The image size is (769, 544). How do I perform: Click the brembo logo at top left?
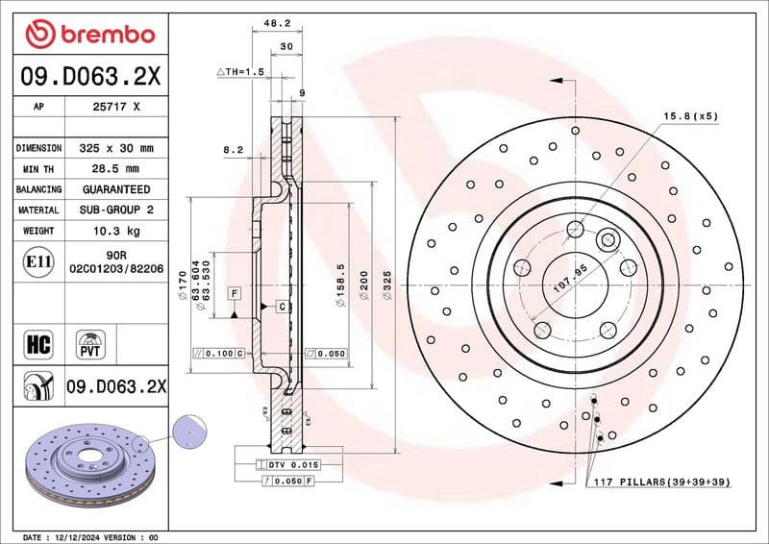click(89, 35)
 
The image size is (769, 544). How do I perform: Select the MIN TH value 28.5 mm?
click(114, 169)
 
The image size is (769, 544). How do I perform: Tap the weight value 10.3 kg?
click(114, 232)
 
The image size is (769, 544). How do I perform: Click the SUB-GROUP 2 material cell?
click(114, 210)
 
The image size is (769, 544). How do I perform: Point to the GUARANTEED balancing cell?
click(114, 189)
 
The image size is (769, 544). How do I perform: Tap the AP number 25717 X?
click(114, 108)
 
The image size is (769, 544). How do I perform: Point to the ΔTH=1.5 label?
click(239, 72)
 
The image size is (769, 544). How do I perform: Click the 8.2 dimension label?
click(233, 150)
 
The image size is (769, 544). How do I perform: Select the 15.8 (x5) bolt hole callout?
click(690, 116)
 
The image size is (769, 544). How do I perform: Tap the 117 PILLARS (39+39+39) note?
click(662, 481)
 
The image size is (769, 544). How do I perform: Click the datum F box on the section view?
click(234, 291)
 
